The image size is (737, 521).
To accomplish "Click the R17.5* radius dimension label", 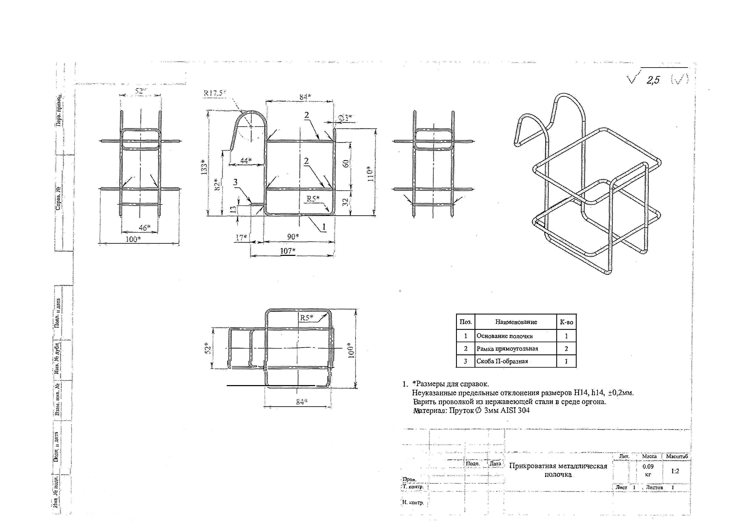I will point(214,93).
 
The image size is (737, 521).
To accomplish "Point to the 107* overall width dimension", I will point(288,251).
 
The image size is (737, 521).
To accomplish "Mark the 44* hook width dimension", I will point(245,161).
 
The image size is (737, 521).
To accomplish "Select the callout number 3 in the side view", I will point(235,182).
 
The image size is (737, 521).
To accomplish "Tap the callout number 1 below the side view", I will point(324,227).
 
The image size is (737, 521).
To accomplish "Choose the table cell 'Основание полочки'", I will point(504,336).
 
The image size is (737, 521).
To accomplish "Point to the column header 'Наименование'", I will point(516,322).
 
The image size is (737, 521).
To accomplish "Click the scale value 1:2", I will point(675,471).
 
